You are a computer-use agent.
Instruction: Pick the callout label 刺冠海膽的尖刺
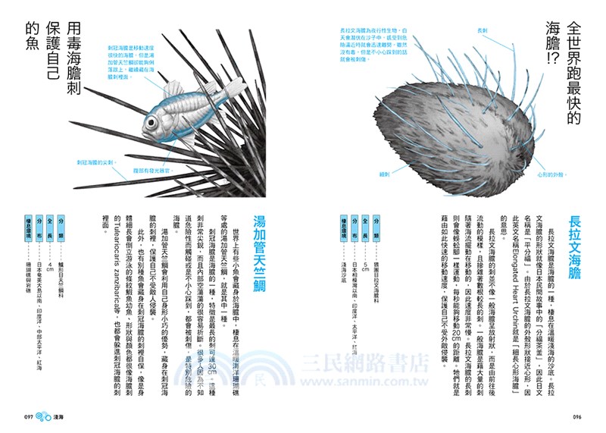92,162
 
